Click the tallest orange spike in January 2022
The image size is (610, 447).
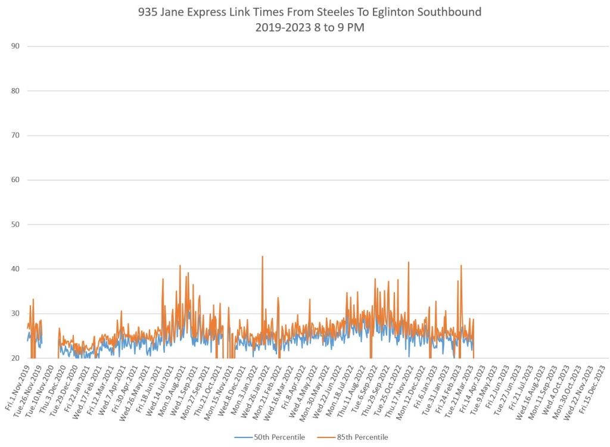pos(262,257)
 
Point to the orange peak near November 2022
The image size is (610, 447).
pos(409,262)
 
